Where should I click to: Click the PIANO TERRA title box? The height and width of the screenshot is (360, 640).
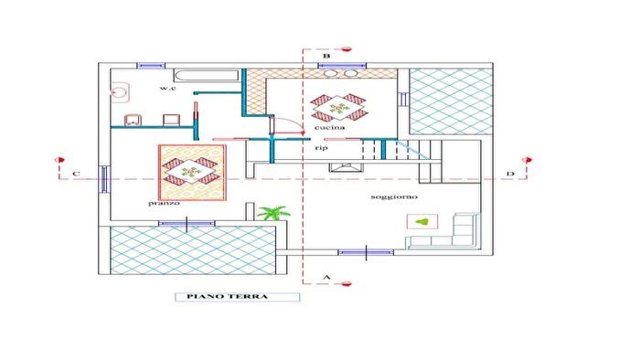click(x=237, y=297)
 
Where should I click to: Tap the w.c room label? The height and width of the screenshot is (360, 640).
click(x=167, y=88)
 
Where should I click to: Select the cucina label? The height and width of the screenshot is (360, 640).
click(x=329, y=127)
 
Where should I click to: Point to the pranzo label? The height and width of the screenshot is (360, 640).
click(x=164, y=203)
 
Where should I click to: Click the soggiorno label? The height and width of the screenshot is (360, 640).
click(x=394, y=196)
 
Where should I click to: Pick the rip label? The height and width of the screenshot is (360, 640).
click(x=321, y=148)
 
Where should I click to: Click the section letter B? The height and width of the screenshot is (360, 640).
click(x=326, y=56)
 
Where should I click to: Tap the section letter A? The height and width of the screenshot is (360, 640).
click(x=326, y=277)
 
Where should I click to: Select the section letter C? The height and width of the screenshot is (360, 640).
click(x=76, y=174)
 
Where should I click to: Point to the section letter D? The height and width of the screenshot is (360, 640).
click(x=510, y=174)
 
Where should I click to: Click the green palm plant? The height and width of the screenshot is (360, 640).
click(x=273, y=213)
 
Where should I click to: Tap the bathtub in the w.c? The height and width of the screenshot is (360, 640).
click(x=207, y=76)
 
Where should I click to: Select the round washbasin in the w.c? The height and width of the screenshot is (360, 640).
click(x=120, y=92)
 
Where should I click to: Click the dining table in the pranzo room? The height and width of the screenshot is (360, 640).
click(x=192, y=173)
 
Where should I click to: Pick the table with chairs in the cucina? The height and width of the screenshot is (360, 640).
click(x=339, y=108)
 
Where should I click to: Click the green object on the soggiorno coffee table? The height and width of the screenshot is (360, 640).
click(x=422, y=222)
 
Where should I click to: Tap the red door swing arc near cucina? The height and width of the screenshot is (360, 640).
click(x=293, y=122)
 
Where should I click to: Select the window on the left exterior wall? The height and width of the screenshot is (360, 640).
click(x=104, y=178)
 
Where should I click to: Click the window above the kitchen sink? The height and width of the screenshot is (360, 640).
click(x=342, y=65)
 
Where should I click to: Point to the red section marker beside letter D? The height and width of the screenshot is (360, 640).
click(x=527, y=160)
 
